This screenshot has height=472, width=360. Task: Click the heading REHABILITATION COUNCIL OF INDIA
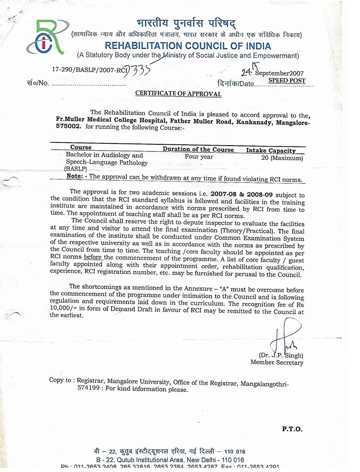[188, 46]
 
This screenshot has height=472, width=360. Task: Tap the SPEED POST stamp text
[287, 81]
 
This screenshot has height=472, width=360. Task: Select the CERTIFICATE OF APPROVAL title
[179, 94]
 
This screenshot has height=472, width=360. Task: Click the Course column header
[81, 147]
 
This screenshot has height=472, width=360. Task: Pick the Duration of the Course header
[198, 149]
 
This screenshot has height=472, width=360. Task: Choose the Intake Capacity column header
[270, 151]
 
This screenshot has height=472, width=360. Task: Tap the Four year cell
[199, 157]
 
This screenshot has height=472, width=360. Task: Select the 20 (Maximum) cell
[282, 158]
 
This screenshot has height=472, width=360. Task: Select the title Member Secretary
[277, 362]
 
